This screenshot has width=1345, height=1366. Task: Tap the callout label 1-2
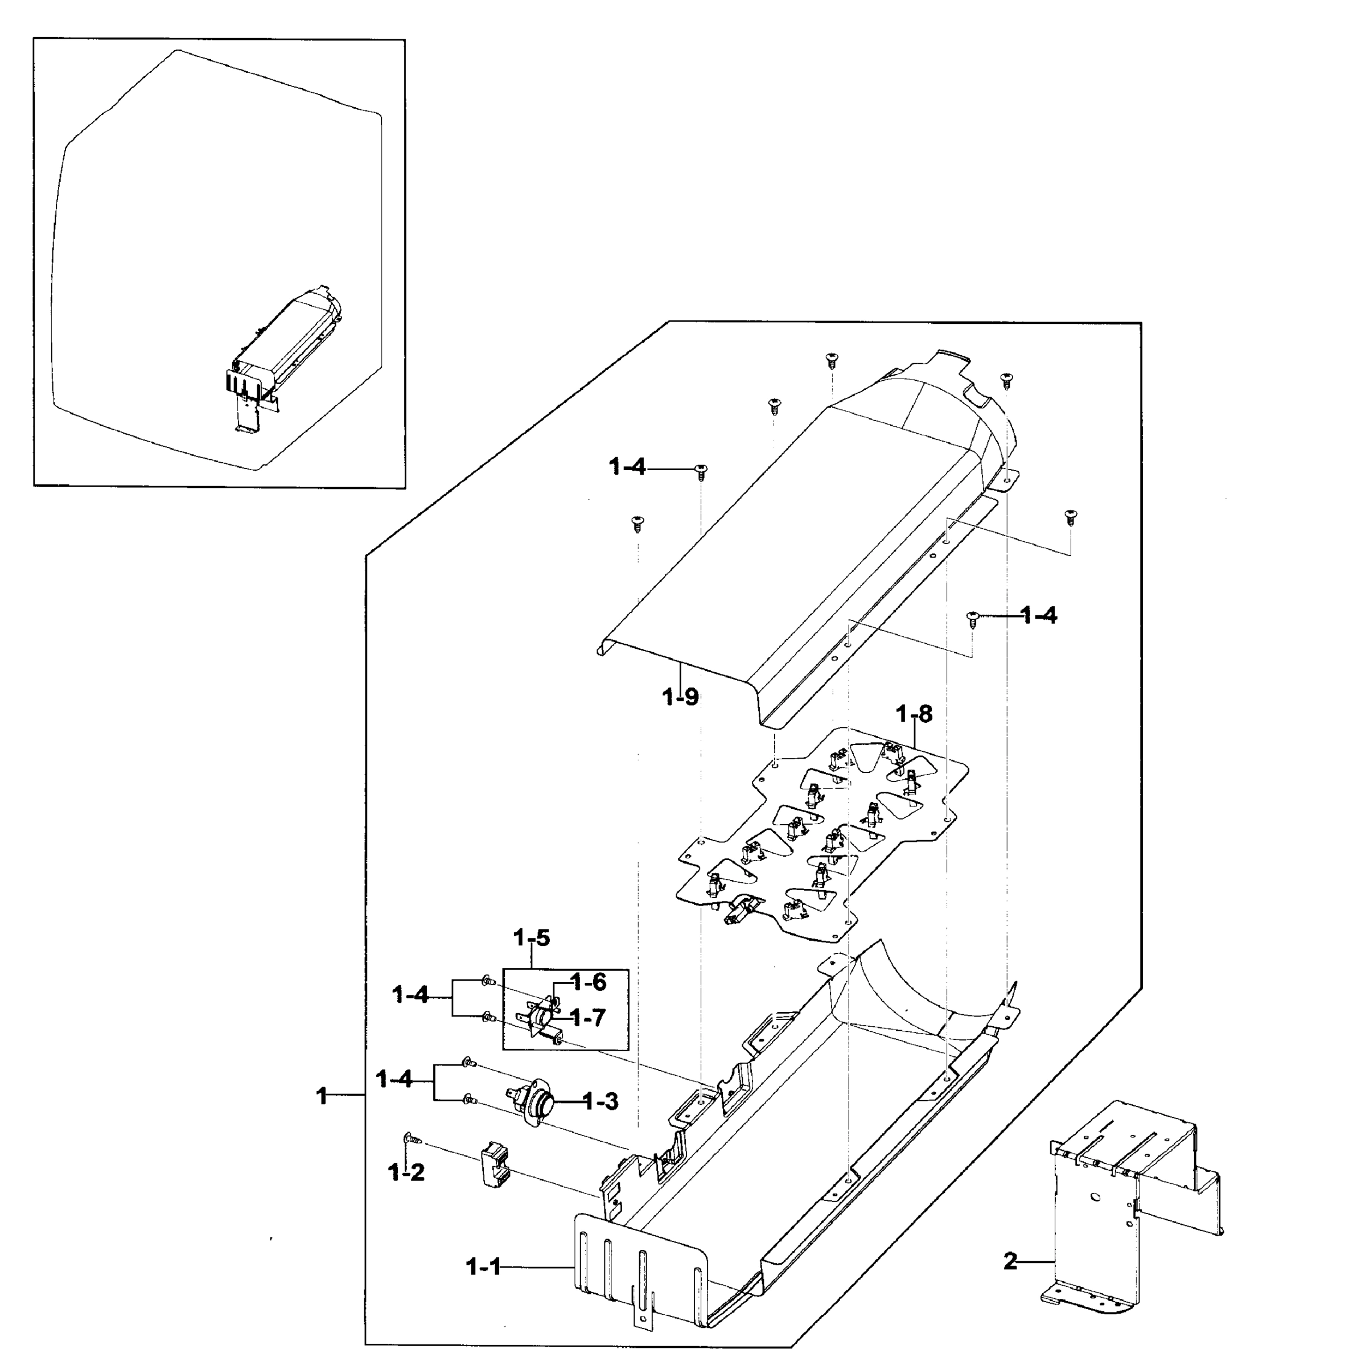406,1172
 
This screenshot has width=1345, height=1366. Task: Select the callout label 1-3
600,1101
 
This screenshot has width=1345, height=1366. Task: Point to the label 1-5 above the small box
531,938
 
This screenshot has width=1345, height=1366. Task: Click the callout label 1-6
589,982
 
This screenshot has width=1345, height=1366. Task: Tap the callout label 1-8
914,714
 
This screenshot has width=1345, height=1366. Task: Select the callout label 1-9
680,697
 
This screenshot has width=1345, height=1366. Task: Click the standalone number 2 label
1010,1261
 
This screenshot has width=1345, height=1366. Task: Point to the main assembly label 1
322,1096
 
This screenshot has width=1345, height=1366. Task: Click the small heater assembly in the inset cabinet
286,346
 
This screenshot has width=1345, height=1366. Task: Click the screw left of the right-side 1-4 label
973,618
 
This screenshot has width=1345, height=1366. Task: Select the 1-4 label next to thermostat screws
394,1079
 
